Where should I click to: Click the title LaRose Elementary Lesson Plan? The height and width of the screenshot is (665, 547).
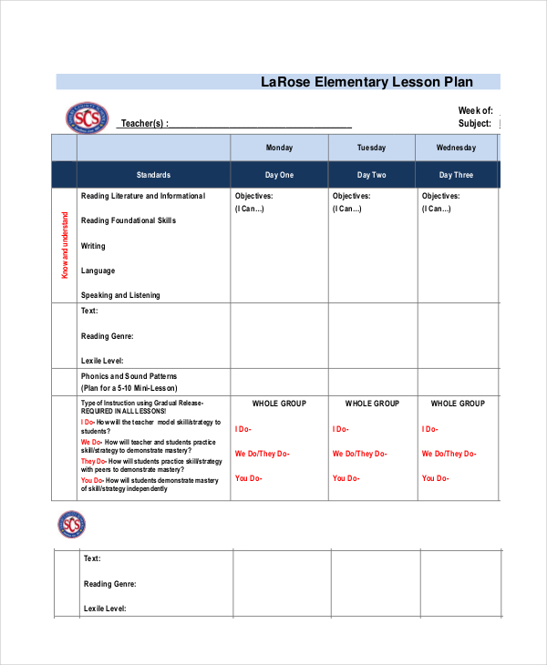pos(367,82)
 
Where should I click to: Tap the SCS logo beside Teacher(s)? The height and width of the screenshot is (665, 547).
pos(86,118)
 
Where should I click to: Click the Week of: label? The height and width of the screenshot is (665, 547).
pos(475,110)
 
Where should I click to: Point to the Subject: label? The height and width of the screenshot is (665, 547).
pos(475,124)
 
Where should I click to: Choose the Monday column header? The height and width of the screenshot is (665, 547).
pos(279,148)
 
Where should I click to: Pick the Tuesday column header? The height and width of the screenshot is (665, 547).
pos(371,148)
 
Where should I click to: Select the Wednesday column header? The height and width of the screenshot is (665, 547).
pos(457,148)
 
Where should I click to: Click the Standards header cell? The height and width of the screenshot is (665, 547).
pos(153,175)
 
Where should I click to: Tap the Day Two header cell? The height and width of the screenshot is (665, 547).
pos(371,175)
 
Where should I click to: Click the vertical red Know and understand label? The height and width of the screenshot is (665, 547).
pos(65,245)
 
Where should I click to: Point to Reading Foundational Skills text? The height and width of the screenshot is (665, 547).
pos(129,220)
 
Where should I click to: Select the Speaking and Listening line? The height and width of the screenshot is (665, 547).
pos(120,295)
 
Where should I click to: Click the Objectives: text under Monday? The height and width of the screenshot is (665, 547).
pos(253,196)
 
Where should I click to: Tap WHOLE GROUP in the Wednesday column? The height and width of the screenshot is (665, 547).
pos(458,403)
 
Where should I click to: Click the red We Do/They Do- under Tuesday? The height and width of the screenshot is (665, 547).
pos(359,454)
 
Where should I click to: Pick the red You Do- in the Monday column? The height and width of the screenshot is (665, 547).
pos(248,478)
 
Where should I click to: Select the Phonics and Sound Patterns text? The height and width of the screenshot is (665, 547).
pos(129,376)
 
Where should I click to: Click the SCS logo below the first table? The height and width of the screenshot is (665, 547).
pos(71,525)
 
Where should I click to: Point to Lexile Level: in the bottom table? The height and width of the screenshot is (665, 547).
pos(105,608)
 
